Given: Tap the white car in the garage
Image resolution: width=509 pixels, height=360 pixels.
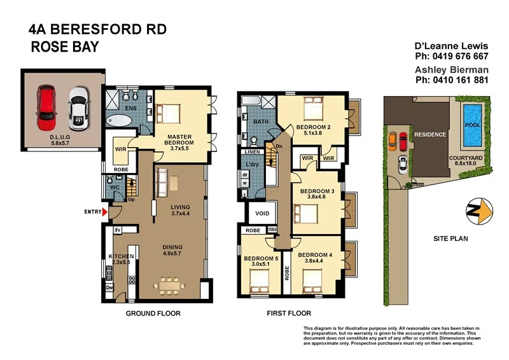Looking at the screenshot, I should pos(77,105).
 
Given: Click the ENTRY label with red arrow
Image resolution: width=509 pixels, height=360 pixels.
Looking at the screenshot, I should pos(93,212).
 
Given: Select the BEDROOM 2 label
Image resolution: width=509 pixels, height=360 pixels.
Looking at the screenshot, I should pos(314,127).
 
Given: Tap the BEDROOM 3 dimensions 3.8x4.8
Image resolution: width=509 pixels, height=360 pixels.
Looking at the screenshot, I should pos(316,197).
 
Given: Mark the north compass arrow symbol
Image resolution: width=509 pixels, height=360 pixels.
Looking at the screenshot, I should pos(478,212).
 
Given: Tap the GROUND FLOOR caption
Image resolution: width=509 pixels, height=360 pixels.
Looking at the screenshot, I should pos(153,313).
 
